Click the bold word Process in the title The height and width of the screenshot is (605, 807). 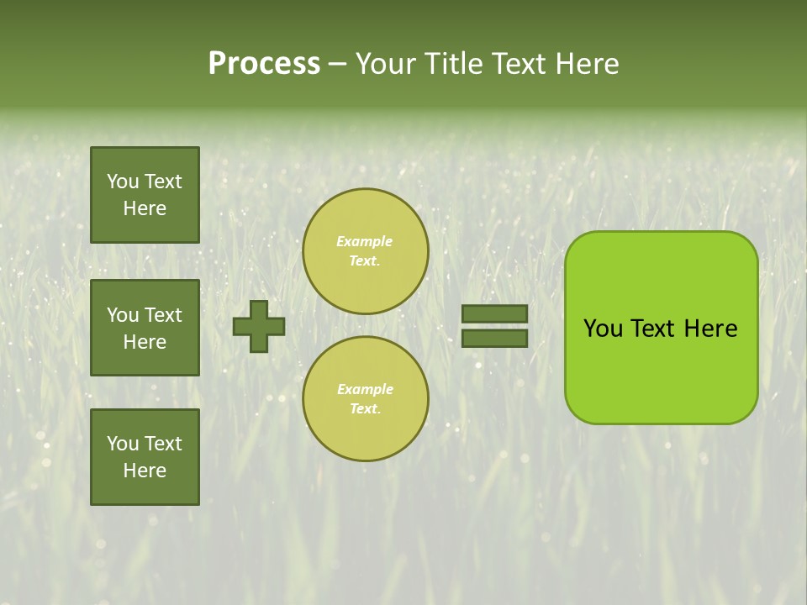pyautogui.click(x=264, y=64)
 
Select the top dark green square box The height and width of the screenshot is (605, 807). pyautogui.click(x=145, y=195)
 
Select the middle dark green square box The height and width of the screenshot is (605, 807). pyautogui.click(x=145, y=328)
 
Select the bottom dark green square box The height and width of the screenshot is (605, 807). pyautogui.click(x=145, y=457)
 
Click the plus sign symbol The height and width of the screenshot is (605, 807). pyautogui.click(x=259, y=326)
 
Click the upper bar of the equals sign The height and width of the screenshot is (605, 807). pyautogui.click(x=494, y=313)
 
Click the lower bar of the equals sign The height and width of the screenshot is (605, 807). pyautogui.click(x=494, y=338)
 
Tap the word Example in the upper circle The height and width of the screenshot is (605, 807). pyautogui.click(x=364, y=241)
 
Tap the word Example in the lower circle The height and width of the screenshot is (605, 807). pyautogui.click(x=365, y=389)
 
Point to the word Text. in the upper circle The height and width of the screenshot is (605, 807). pyautogui.click(x=364, y=260)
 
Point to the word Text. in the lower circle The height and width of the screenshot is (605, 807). pyautogui.click(x=365, y=408)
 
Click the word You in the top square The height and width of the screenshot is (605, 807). pyautogui.click(x=123, y=181)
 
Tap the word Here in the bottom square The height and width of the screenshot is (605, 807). pyautogui.click(x=145, y=471)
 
